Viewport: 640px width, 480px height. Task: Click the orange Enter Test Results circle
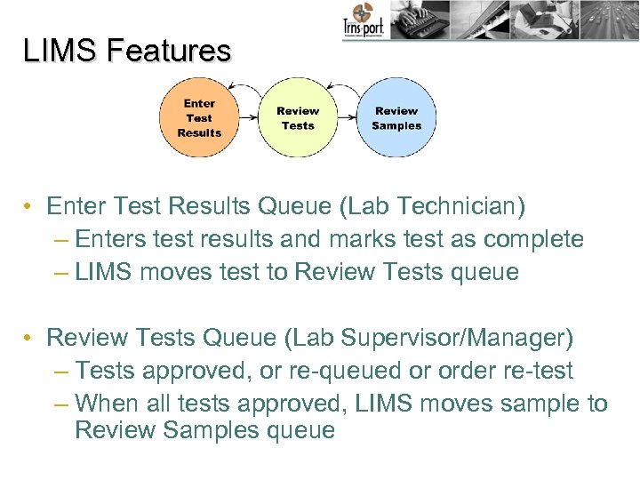(x=199, y=117)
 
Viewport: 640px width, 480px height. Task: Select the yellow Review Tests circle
(x=298, y=118)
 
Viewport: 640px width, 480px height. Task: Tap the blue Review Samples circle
(x=396, y=118)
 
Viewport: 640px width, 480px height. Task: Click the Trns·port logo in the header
(x=363, y=21)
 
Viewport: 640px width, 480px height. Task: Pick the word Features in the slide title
(x=168, y=51)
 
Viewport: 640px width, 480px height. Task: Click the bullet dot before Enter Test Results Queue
(x=29, y=208)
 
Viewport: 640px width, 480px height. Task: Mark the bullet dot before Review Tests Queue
(x=29, y=339)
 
